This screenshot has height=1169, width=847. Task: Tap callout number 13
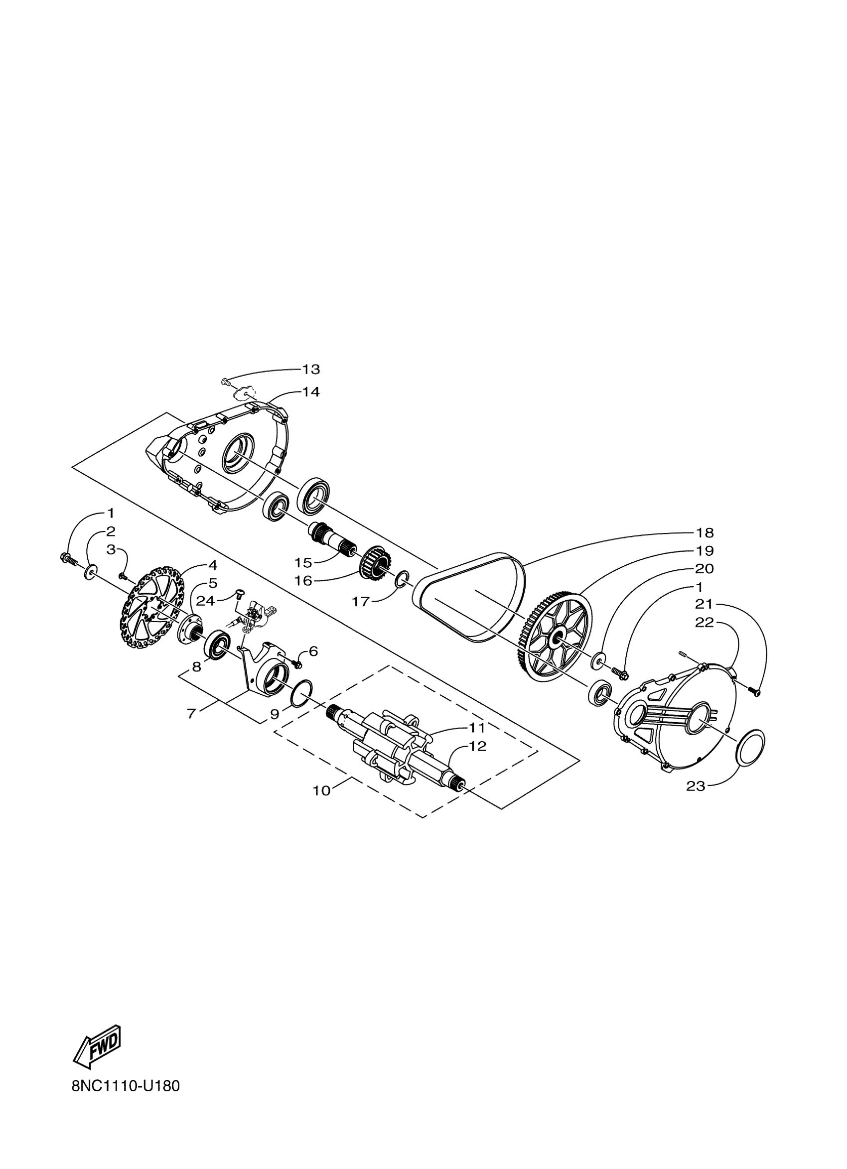(311, 369)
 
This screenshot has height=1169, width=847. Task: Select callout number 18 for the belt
(705, 532)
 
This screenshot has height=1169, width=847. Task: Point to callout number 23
(696, 786)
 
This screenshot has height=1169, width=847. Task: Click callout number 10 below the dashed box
(322, 790)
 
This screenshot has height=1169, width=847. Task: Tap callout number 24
(205, 601)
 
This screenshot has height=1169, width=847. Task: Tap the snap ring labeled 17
(402, 579)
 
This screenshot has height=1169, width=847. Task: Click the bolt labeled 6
(296, 662)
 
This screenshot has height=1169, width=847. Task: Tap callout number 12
(478, 746)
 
